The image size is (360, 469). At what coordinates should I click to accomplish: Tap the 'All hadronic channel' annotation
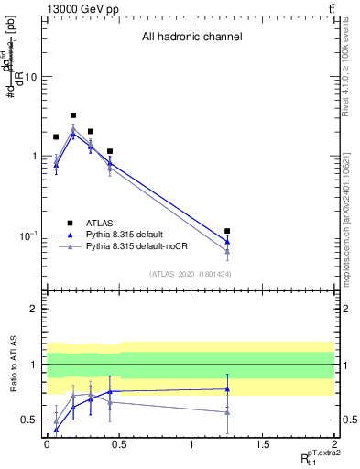click(191, 38)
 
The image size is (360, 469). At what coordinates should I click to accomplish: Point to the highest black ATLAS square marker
click(73, 116)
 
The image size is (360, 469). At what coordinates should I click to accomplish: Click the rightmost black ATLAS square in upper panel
click(227, 231)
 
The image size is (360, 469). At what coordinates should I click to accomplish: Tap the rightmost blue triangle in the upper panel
click(227, 242)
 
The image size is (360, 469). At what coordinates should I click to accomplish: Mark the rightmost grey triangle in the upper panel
click(227, 251)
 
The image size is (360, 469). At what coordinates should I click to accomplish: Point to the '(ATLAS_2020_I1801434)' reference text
click(191, 275)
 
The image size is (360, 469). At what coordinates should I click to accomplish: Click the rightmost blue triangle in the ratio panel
click(227, 389)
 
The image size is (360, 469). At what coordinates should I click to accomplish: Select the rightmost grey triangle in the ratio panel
click(227, 412)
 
